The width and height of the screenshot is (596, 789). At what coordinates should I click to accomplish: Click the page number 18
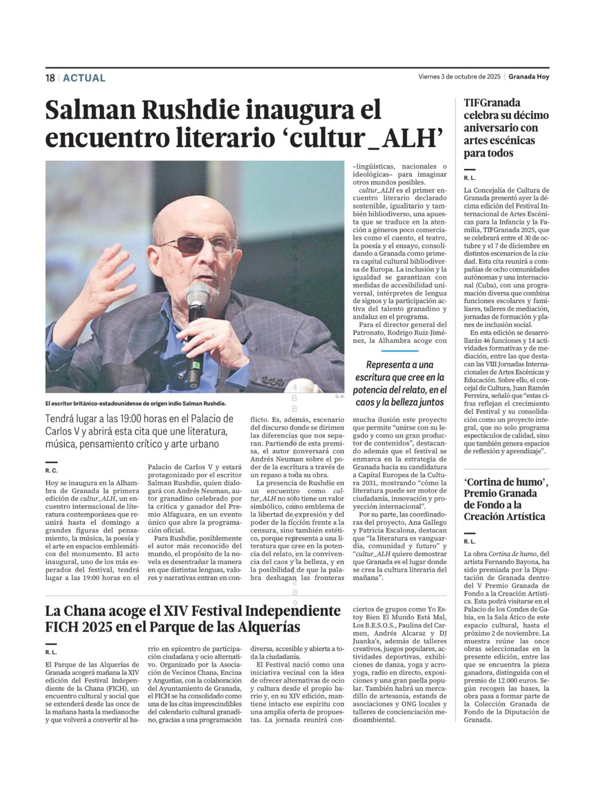50,78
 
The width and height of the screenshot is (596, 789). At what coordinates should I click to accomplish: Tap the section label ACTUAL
84,78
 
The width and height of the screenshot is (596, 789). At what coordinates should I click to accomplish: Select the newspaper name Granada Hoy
528,76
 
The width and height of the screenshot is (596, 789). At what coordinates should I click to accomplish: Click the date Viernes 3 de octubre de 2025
459,76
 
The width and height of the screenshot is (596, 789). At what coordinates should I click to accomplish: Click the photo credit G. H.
339,396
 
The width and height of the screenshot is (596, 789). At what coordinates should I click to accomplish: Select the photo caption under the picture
136,403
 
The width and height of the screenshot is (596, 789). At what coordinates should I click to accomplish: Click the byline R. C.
51,470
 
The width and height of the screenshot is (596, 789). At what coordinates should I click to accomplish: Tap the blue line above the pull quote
399,351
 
